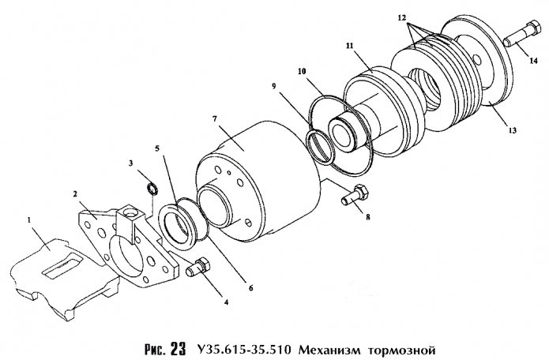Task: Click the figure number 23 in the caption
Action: [x=178, y=347]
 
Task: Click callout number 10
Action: [x=301, y=71]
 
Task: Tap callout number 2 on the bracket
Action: [x=74, y=193]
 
